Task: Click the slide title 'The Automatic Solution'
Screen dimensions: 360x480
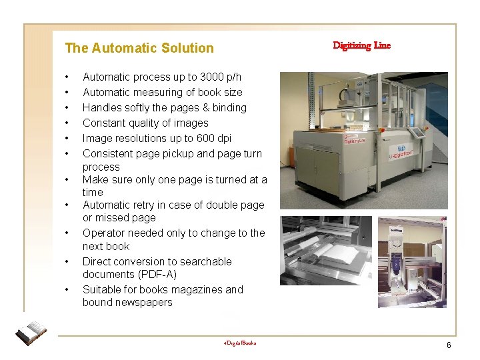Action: [x=139, y=48]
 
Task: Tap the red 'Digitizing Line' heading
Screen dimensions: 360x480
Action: [x=361, y=45]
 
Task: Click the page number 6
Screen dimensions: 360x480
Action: [x=449, y=345]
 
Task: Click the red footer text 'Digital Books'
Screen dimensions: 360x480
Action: [x=240, y=343]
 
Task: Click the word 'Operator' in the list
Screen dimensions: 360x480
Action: [x=103, y=233]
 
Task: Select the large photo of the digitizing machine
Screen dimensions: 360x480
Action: [x=363, y=140]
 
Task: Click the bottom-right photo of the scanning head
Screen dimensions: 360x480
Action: [x=412, y=262]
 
